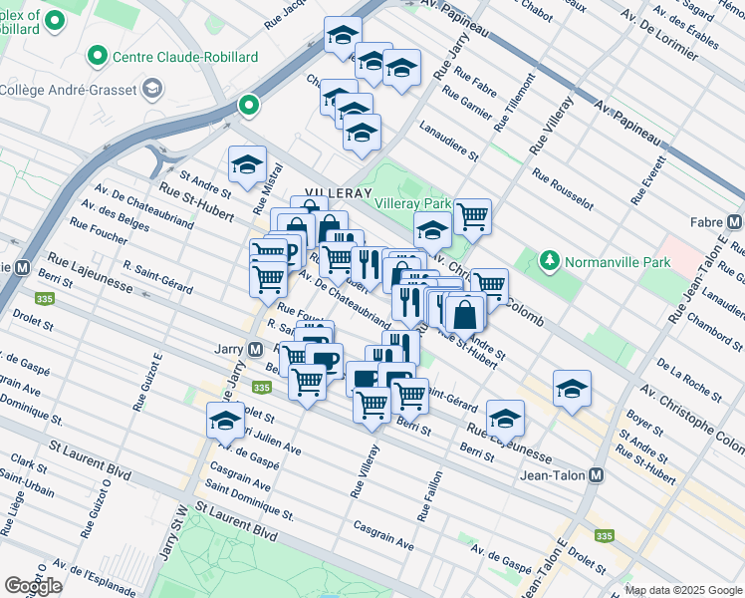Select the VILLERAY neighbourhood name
tap(338, 192)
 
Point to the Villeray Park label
tap(412, 203)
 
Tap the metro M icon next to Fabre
tap(735, 222)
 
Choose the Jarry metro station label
tap(228, 350)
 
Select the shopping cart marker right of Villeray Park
tap(472, 214)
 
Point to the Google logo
tap(33, 586)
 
